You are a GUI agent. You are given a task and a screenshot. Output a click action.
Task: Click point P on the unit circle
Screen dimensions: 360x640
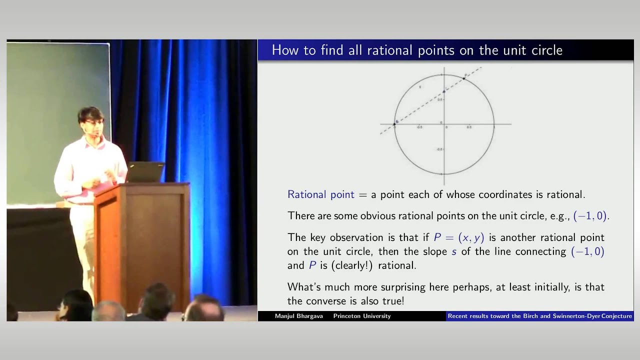[x=464, y=78]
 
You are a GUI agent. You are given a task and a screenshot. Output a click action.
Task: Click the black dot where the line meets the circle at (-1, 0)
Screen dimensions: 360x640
[x=394, y=123]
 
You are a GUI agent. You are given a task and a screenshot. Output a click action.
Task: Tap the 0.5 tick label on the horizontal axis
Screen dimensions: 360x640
[x=469, y=127]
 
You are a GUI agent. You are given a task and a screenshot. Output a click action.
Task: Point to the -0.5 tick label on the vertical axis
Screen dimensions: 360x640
[x=439, y=149]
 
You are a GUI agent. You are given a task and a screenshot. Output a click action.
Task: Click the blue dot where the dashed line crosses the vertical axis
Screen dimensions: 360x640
[x=444, y=91]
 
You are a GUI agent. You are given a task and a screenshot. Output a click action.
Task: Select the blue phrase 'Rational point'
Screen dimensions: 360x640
[x=320, y=194]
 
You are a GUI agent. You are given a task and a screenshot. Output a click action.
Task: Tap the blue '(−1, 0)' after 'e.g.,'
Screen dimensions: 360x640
[x=590, y=216]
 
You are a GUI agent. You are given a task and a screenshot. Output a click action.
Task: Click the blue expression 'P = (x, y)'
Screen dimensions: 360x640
[x=458, y=237]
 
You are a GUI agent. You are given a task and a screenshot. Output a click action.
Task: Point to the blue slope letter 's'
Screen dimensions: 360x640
[x=454, y=251]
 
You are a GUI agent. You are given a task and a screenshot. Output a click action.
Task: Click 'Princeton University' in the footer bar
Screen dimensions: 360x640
[x=362, y=316]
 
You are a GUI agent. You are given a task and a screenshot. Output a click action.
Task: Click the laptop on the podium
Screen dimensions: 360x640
[x=146, y=171]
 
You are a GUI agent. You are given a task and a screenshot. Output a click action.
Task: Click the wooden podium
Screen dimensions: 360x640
[x=142, y=235]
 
